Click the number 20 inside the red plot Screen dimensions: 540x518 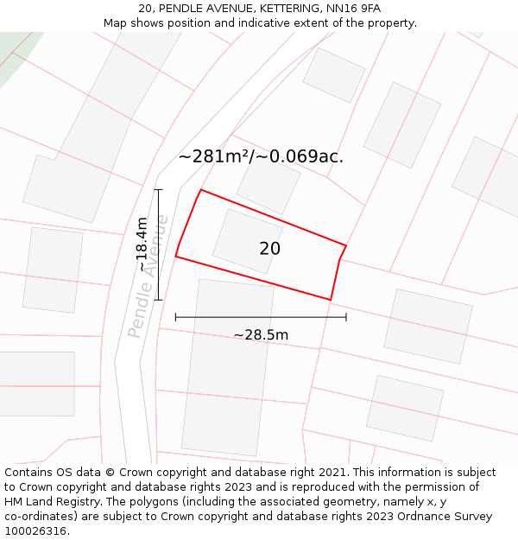pos(269,249)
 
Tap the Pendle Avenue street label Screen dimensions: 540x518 pos(148,276)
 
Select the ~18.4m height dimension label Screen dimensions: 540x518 pos(142,245)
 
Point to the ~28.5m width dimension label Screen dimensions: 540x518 pos(261,335)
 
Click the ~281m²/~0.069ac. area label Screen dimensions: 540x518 pos(261,156)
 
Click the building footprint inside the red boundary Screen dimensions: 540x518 pos(247,242)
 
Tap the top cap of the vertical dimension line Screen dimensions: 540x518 pos(158,189)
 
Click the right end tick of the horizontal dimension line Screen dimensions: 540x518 pos(346,317)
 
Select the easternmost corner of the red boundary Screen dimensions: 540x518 pos(346,246)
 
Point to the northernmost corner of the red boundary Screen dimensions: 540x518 pos(201,190)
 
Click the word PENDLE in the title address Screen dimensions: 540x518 pos(180,9)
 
